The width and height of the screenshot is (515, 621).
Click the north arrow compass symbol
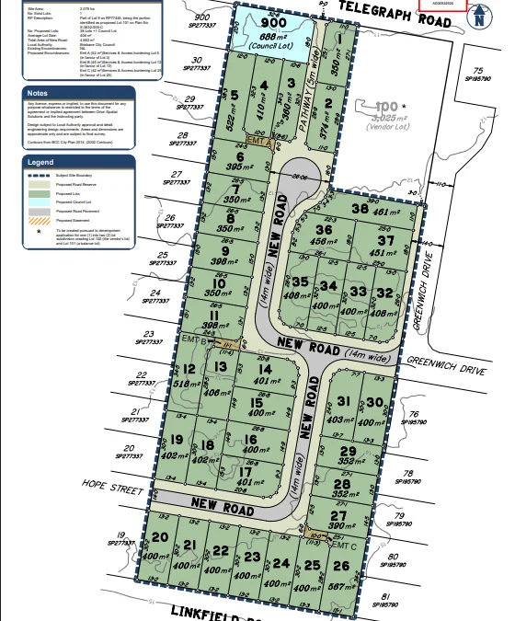pyautogui.click(x=480, y=17)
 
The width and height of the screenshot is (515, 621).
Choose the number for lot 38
pyautogui.click(x=360, y=210)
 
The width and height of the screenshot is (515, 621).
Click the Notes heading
pyautogui.click(x=38, y=93)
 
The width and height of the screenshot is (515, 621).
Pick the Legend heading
pyautogui.click(x=41, y=161)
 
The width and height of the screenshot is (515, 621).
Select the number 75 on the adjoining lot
pyautogui.click(x=477, y=71)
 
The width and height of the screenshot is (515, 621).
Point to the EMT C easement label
pyautogui.click(x=343, y=545)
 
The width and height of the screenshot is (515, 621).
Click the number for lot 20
pyautogui.click(x=159, y=536)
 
